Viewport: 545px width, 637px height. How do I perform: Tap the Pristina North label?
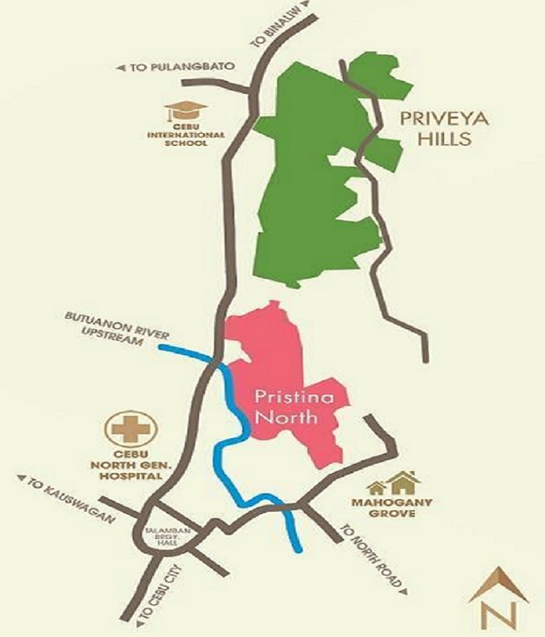(285, 407)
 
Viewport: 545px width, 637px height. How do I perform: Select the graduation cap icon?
(186, 112)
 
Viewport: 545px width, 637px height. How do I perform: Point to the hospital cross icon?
(131, 428)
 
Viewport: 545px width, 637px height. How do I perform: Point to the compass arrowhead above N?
(498, 584)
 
